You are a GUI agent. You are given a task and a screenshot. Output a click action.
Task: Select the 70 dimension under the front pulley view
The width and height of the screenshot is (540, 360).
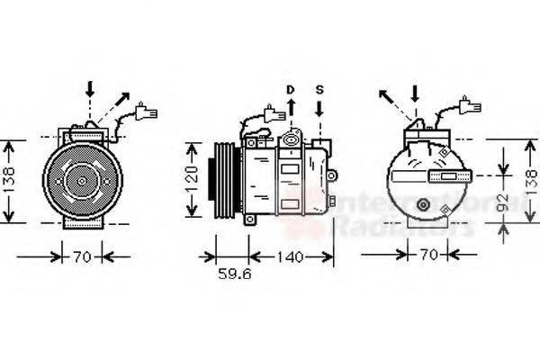[x=82, y=258]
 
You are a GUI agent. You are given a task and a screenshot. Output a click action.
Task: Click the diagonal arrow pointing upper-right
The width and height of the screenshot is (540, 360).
[x=121, y=101]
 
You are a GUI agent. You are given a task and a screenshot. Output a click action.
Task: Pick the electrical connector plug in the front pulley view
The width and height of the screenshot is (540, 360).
[x=146, y=114]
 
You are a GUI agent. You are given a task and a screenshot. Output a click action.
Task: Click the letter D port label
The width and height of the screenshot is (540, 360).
[x=290, y=89]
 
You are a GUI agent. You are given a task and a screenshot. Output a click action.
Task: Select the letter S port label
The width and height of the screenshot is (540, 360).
[x=319, y=89]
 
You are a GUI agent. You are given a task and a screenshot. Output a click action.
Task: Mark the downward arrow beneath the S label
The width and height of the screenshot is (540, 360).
[x=319, y=110]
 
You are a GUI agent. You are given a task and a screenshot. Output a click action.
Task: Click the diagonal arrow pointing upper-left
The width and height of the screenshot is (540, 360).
[x=388, y=96]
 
